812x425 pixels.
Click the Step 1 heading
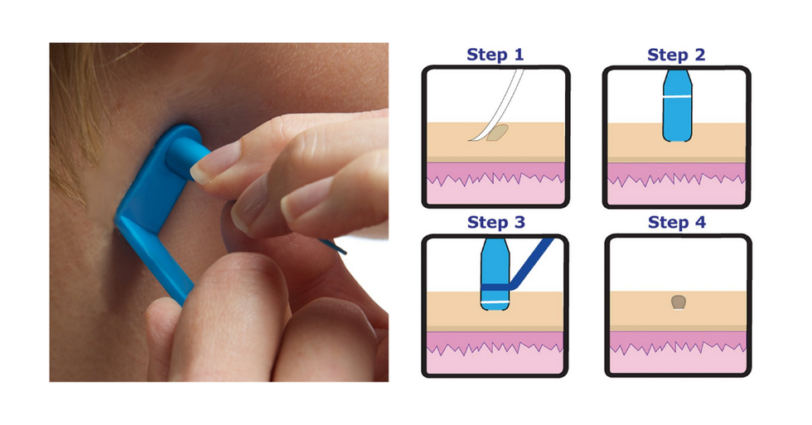[495, 55]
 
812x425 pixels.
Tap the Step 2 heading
[676, 55]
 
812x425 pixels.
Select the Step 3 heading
[495, 222]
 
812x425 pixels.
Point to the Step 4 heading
[677, 222]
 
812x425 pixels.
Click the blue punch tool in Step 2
[678, 105]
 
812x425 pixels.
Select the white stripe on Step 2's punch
[678, 97]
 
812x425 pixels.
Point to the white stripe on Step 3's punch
[495, 302]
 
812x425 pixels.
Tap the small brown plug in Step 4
[679, 302]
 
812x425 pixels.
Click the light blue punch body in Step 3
[495, 274]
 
